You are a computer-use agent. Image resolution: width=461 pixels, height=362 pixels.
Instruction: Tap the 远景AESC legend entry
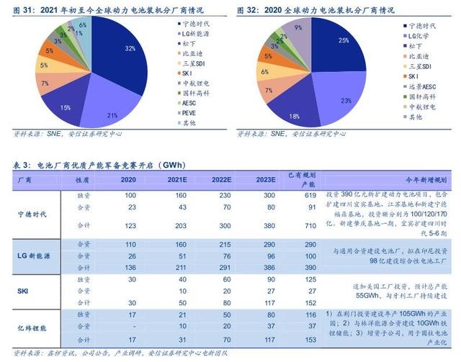pyautogui.click(x=426, y=86)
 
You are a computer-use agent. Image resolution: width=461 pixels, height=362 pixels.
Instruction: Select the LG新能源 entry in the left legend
pyautogui.click(x=194, y=34)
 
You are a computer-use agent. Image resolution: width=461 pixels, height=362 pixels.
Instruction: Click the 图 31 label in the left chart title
pyautogui.click(x=24, y=9)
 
